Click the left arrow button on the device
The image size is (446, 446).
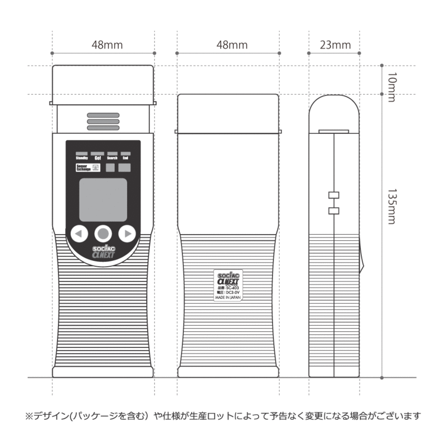80,233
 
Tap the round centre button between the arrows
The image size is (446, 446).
103,233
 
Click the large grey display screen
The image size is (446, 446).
103,200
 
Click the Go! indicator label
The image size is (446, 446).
97,158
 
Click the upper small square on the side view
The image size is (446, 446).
334,195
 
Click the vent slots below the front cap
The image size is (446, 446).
103,123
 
